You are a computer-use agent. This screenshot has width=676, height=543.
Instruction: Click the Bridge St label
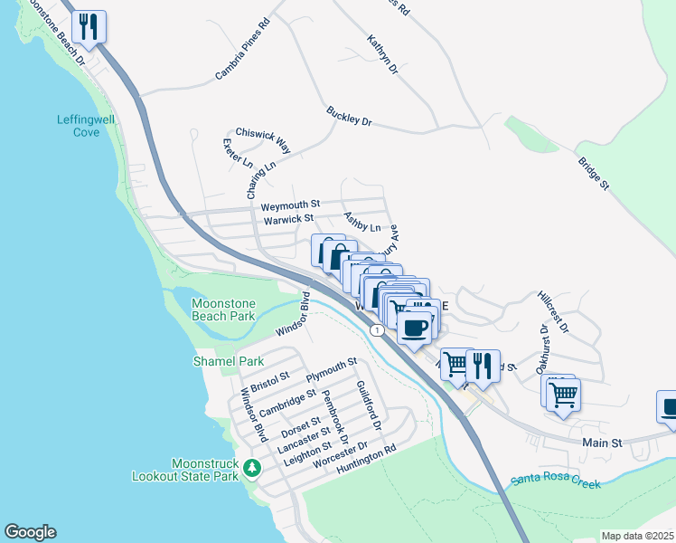click(x=593, y=172)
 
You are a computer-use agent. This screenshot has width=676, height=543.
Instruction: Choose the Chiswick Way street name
click(x=263, y=139)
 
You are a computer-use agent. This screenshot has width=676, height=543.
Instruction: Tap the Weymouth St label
click(x=291, y=205)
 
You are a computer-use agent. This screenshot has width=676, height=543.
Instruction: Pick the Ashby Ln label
click(x=362, y=223)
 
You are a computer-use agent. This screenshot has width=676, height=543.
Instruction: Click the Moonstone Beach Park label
click(x=224, y=310)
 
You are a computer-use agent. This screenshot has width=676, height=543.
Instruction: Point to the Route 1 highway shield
click(x=376, y=331)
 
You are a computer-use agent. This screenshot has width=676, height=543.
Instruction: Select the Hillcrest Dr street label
click(x=552, y=311)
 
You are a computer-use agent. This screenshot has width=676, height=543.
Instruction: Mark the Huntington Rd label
click(x=366, y=460)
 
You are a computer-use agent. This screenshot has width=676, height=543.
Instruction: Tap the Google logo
click(x=30, y=532)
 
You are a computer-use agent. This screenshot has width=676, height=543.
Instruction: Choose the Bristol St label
click(x=270, y=381)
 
